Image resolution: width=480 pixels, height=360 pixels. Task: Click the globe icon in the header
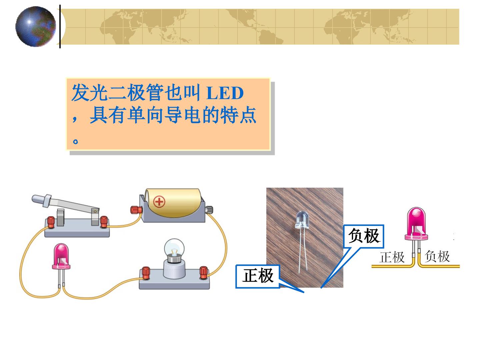click(x=36, y=26)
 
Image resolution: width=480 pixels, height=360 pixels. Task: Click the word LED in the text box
click(x=225, y=93)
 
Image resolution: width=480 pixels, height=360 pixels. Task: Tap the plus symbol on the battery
click(x=159, y=202)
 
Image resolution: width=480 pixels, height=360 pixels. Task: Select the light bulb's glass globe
click(x=174, y=248)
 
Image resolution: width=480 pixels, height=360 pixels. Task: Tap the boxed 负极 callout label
click(x=364, y=236)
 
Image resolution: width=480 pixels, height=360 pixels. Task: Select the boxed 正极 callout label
click(x=258, y=276)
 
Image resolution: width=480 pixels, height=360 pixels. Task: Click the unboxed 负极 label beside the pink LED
click(x=437, y=256)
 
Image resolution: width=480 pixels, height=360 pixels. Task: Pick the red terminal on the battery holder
click(x=136, y=210)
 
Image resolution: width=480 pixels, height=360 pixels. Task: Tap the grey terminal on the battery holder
click(x=209, y=210)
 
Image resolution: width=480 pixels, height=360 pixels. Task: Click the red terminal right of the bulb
click(x=204, y=272)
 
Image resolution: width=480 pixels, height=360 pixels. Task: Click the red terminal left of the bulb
click(x=146, y=273)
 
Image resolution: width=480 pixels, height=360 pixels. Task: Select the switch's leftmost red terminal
click(x=51, y=222)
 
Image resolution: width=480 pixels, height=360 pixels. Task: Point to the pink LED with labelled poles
click(x=416, y=224)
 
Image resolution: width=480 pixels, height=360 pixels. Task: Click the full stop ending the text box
click(x=75, y=141)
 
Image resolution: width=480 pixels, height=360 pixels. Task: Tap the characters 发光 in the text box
click(x=90, y=93)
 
